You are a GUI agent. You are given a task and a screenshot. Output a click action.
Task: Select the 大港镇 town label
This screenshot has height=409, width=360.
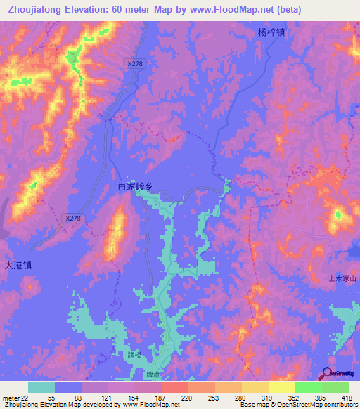[18, 266]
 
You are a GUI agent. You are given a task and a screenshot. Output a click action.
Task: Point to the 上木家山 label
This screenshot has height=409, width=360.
[344, 279]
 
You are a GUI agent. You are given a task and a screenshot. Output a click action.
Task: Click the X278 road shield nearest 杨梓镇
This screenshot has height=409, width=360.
[135, 63]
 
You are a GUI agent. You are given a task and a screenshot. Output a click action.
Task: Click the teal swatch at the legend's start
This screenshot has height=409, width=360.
[41, 387]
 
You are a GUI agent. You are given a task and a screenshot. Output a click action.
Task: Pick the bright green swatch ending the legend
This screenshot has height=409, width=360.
[335, 387]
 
